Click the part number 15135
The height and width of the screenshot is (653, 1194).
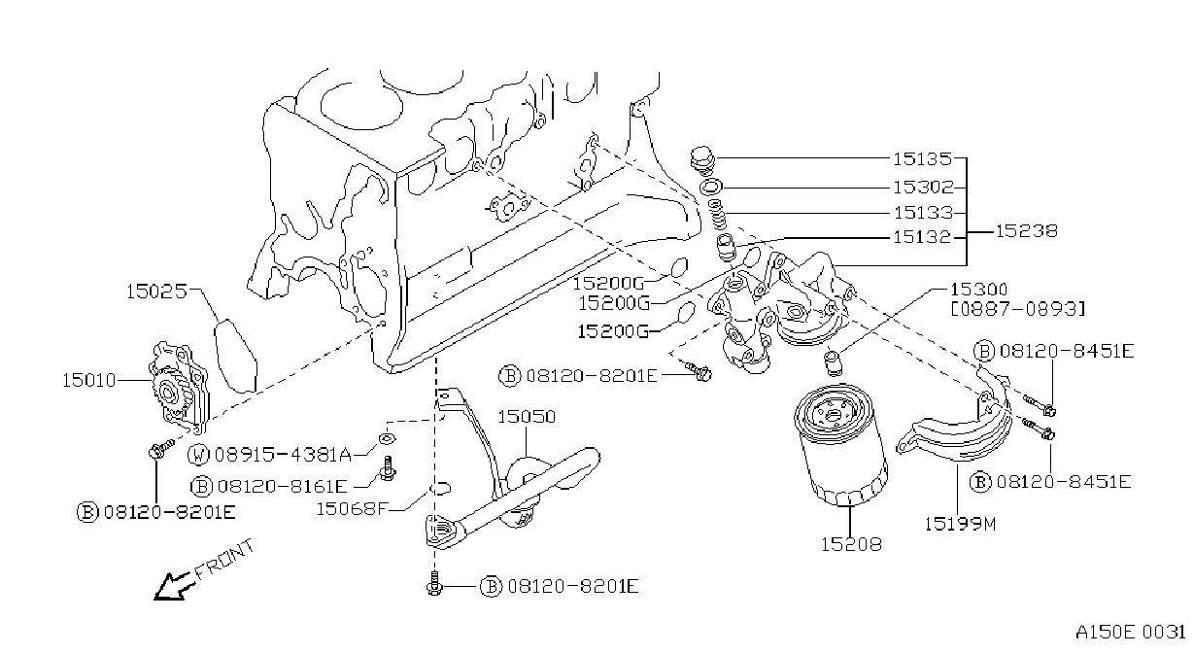coord(922,158)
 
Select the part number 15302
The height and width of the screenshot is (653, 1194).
coord(923,188)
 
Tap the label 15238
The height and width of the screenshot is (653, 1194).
coord(1026,231)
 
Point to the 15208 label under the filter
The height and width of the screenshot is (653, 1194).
coord(851,544)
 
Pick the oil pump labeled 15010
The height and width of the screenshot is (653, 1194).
coord(178,387)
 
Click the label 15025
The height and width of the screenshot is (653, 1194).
coord(156,292)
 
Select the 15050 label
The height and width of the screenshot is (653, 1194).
coord(527,417)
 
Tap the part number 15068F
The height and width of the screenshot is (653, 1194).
coord(352,509)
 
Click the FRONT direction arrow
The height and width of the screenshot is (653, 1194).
coord(172,586)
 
